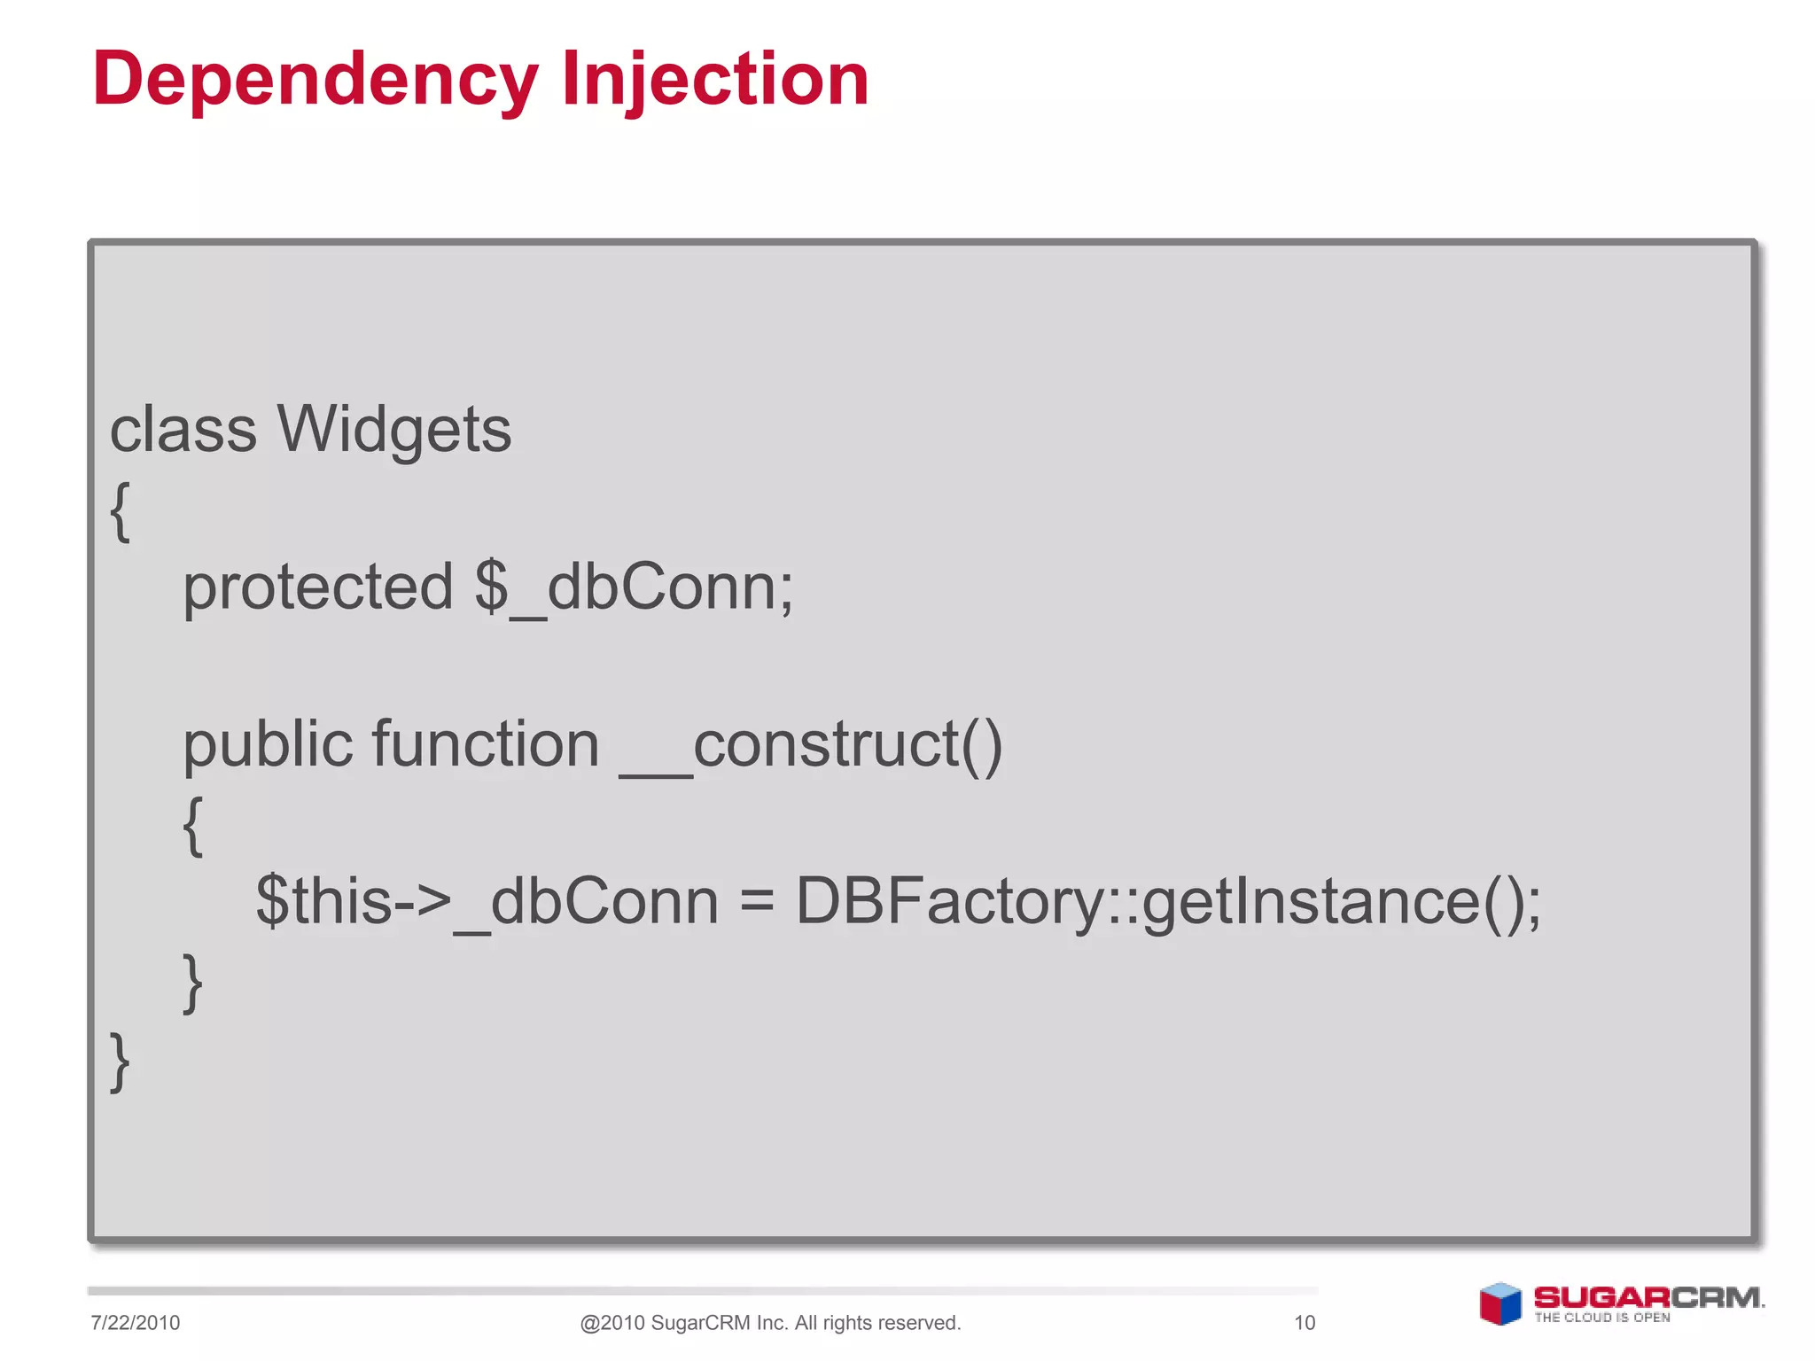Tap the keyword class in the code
click(183, 430)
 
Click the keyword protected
click(317, 587)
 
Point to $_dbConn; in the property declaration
click(634, 587)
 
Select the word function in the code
click(486, 743)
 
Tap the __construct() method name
click(811, 745)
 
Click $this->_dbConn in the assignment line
click(487, 902)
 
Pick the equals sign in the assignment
click(757, 902)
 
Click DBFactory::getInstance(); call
click(1168, 902)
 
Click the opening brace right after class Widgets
click(121, 511)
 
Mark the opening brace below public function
click(193, 825)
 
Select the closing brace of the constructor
click(193, 982)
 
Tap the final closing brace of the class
click(121, 1061)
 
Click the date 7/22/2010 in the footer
click(136, 1323)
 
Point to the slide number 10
click(1305, 1323)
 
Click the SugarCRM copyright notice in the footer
click(770, 1323)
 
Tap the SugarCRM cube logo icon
click(1500, 1304)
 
